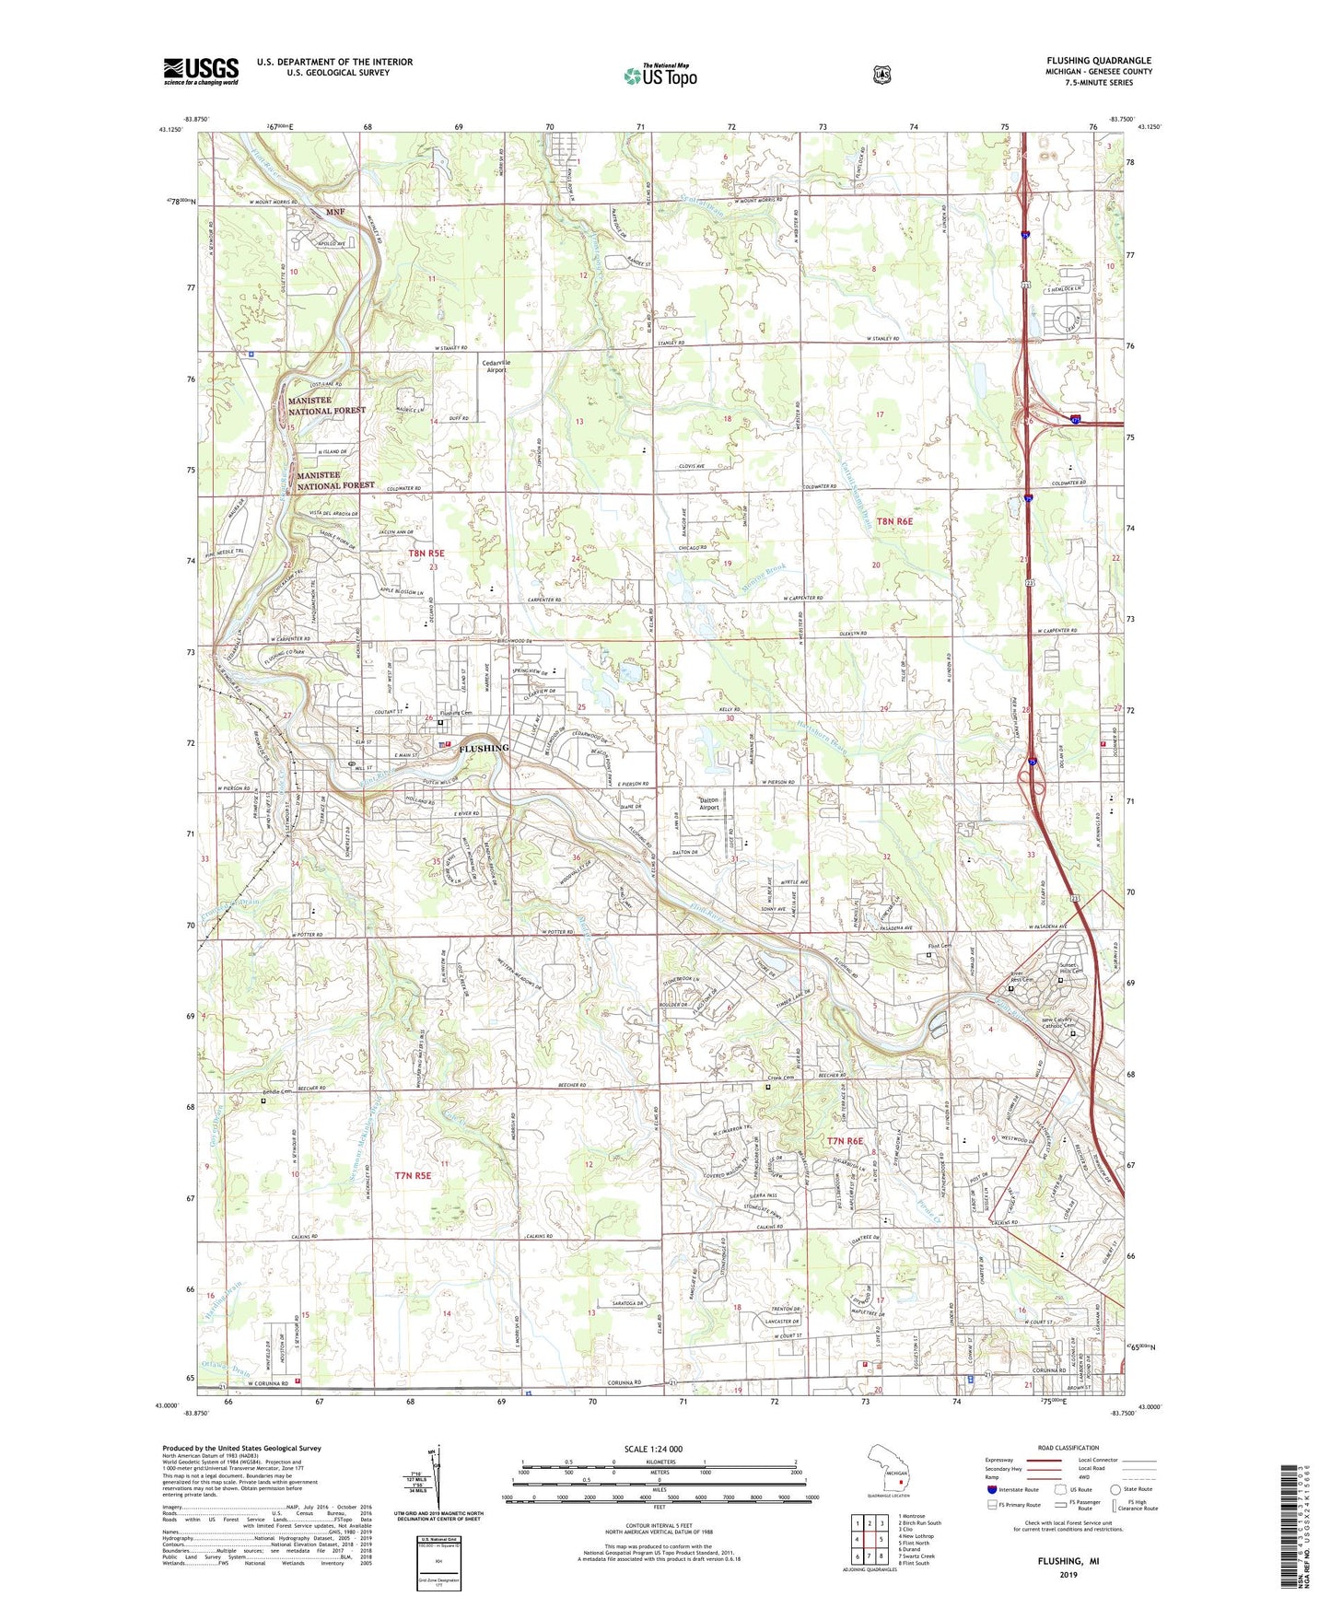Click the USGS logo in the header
(201, 70)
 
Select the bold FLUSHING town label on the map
(484, 748)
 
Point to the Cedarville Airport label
(496, 366)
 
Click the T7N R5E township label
(413, 1175)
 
